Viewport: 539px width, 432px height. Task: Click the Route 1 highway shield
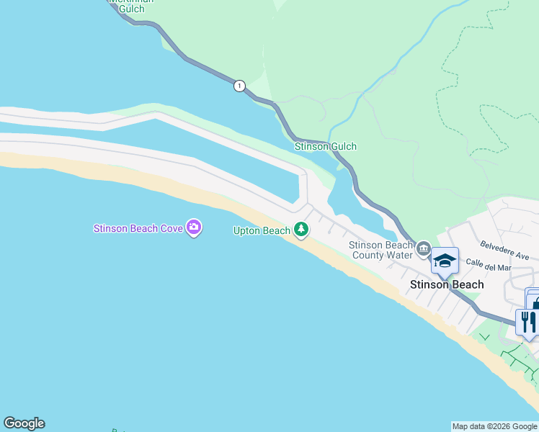(x=239, y=86)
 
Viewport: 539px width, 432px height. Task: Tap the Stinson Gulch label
(x=326, y=147)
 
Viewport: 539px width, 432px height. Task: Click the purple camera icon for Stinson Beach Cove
(x=193, y=228)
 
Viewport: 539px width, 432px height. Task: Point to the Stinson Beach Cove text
(x=138, y=229)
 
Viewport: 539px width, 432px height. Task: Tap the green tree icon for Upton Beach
(x=301, y=230)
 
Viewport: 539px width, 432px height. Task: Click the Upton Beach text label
(x=261, y=231)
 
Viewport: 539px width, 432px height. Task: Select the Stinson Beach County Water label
(x=380, y=250)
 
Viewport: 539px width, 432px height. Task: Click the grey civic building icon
(x=423, y=250)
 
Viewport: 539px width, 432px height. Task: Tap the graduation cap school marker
(x=445, y=261)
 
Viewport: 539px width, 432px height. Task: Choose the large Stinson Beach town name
(x=447, y=284)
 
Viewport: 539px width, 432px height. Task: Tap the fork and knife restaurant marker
(x=527, y=322)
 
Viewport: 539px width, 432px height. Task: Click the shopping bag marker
(x=534, y=302)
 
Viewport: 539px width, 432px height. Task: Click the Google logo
(x=24, y=423)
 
